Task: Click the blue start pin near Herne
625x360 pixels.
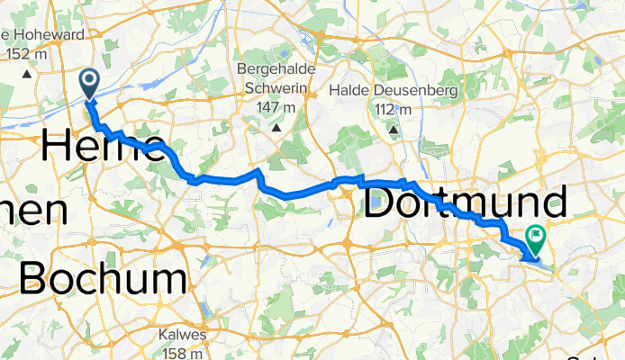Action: [91, 84]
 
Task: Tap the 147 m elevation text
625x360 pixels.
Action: [276, 108]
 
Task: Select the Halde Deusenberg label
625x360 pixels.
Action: [394, 91]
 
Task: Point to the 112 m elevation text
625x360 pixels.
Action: [394, 110]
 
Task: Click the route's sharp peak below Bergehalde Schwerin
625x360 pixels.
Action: [259, 170]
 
